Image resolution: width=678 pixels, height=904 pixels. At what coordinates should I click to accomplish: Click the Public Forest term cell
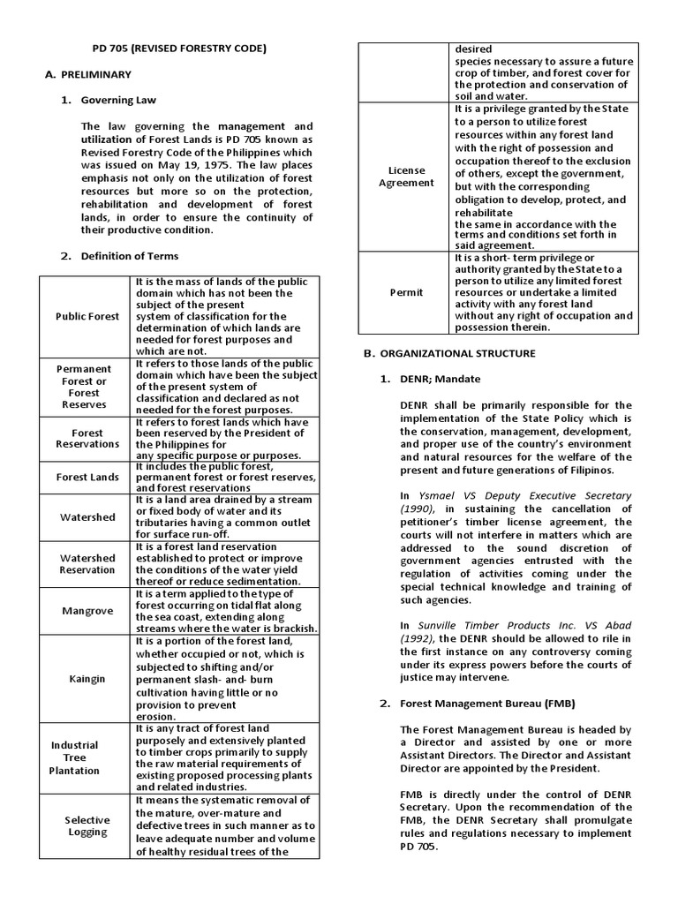tap(87, 316)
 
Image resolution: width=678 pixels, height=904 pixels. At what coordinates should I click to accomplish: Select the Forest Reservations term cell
tap(87, 439)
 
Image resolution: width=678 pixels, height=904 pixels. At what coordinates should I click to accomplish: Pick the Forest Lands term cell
tap(87, 478)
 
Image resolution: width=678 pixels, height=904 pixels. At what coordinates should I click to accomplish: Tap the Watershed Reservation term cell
tap(87, 564)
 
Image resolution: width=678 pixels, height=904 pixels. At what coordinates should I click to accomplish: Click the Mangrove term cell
tap(87, 611)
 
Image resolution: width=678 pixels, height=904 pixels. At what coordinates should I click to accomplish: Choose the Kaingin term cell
tap(87, 679)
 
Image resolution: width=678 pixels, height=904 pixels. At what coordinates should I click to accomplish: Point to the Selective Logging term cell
tap(87, 825)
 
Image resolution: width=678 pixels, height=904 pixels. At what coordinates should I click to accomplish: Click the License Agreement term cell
tap(406, 177)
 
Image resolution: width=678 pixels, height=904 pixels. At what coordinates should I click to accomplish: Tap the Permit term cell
tap(406, 292)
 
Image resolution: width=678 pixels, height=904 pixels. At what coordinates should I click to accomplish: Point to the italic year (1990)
tap(418, 509)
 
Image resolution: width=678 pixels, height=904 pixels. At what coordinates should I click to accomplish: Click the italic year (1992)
tap(418, 639)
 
